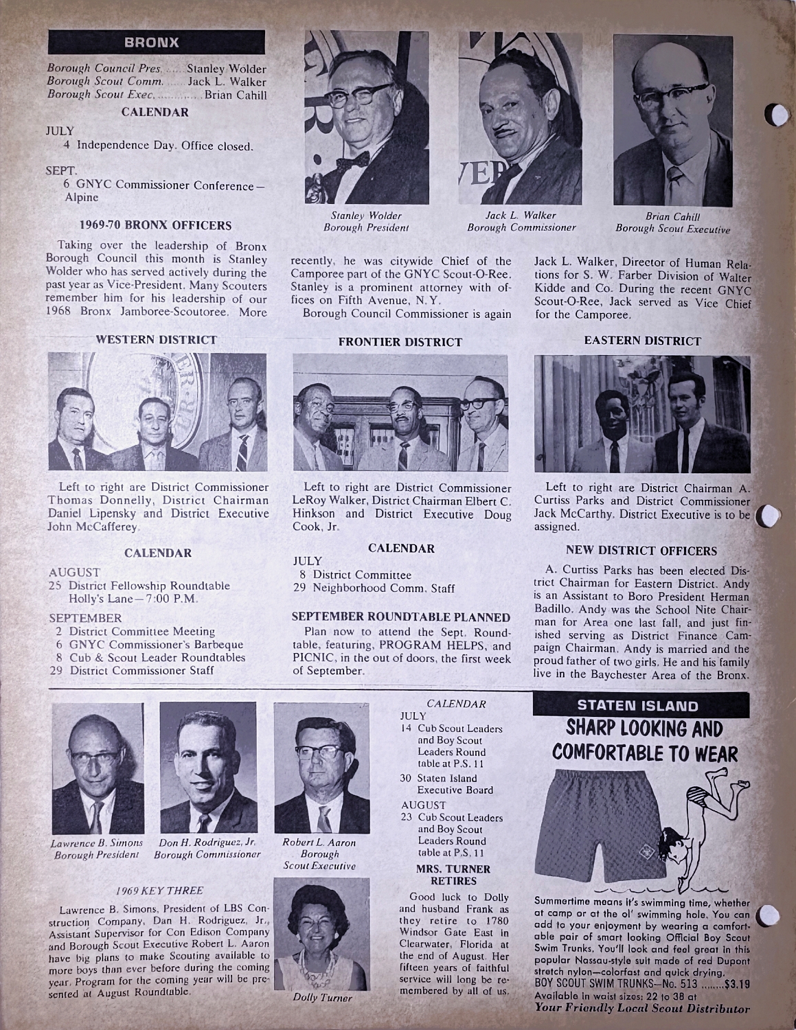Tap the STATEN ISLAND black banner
pos(637,706)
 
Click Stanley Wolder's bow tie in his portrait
pos(352,160)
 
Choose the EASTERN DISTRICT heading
pos(642,341)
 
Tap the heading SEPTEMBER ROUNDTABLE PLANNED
pos(401,617)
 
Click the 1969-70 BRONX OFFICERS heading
pos(155,225)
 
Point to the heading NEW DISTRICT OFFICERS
pos(641,551)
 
